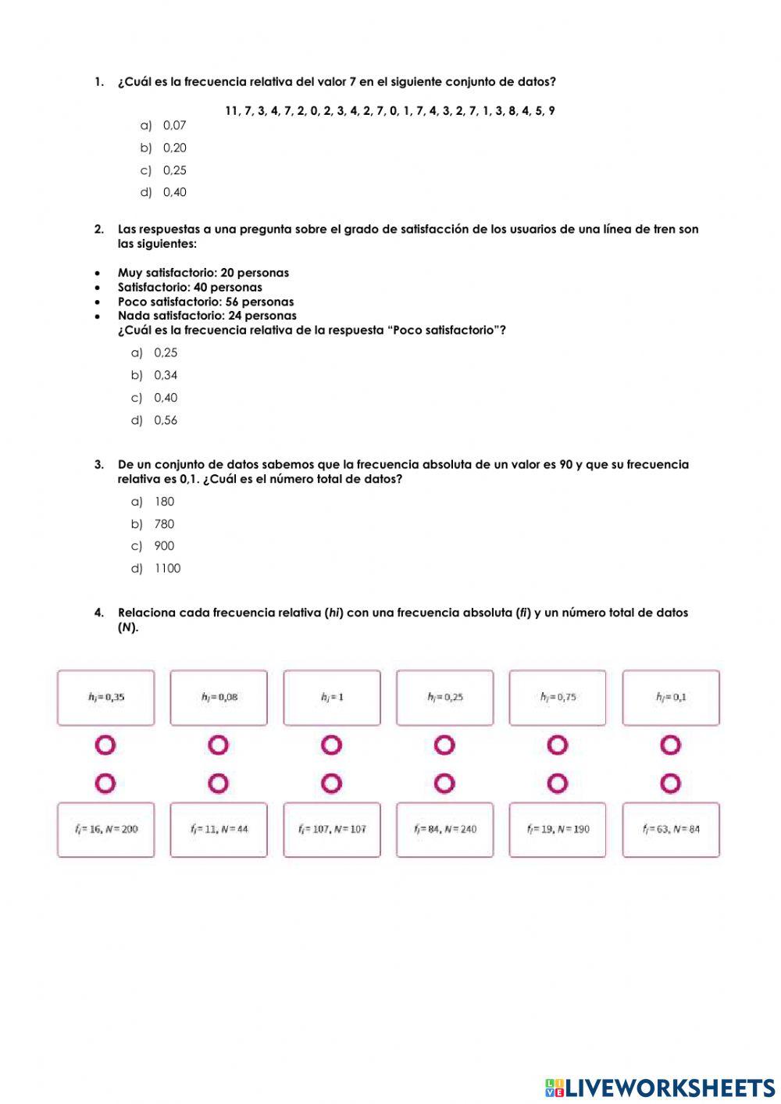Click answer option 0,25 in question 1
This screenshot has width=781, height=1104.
pyautogui.click(x=174, y=170)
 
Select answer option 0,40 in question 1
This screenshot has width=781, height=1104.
pyautogui.click(x=174, y=192)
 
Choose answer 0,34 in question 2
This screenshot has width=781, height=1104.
pyautogui.click(x=165, y=375)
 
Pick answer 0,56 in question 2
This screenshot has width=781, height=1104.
pyautogui.click(x=165, y=420)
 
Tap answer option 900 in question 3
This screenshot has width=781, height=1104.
pyautogui.click(x=163, y=546)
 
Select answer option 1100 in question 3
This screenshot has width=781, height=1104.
pyautogui.click(x=166, y=569)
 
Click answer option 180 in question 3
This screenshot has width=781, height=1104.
pyautogui.click(x=163, y=502)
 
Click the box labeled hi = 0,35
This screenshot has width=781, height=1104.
pyautogui.click(x=106, y=697)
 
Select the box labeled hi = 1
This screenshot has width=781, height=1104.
pyautogui.click(x=332, y=697)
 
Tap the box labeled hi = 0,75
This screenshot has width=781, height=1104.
pyautogui.click(x=558, y=697)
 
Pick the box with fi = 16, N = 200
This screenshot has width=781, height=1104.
pyautogui.click(x=106, y=829)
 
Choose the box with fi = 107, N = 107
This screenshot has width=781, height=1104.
pyautogui.click(x=332, y=829)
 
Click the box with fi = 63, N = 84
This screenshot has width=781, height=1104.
pyautogui.click(x=671, y=829)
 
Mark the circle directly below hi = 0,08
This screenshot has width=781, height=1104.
pyautogui.click(x=219, y=745)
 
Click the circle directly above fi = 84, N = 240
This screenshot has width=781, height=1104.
pyautogui.click(x=444, y=783)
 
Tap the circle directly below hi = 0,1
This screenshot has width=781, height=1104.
pyautogui.click(x=671, y=745)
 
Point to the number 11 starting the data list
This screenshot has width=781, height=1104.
pyautogui.click(x=232, y=111)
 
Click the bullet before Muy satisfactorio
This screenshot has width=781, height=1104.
pyautogui.click(x=97, y=273)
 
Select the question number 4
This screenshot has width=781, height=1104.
pyautogui.click(x=98, y=613)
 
